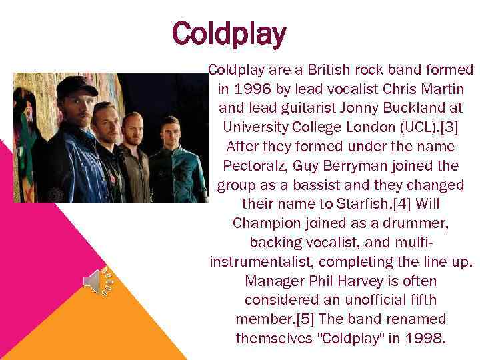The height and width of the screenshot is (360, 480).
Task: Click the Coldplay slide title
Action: [x=229, y=33]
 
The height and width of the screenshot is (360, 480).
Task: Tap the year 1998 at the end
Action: [x=421, y=338]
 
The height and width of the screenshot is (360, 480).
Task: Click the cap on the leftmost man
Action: [x=77, y=86]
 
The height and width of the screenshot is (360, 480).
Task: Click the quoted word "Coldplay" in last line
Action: [x=348, y=338]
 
